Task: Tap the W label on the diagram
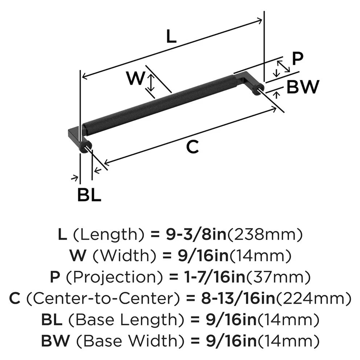[x=136, y=78]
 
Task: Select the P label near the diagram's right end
[x=298, y=59]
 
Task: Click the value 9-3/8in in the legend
[x=195, y=235]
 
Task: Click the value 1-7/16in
[x=204, y=278]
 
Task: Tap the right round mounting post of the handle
[x=258, y=89]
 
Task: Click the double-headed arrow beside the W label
[x=152, y=82]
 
